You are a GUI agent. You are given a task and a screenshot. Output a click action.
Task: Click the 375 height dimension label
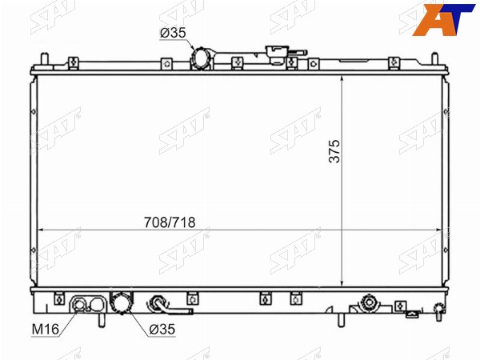point(334,151)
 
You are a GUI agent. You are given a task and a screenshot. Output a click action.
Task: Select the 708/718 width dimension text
point(170,222)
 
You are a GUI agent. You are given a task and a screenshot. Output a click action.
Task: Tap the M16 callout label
point(46,329)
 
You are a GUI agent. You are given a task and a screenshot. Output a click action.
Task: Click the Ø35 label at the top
point(173,33)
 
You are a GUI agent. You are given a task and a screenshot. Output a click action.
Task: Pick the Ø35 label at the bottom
point(162,330)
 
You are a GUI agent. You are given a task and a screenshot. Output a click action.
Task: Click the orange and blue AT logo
point(443,19)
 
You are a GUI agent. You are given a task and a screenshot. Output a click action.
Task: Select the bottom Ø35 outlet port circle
point(122,302)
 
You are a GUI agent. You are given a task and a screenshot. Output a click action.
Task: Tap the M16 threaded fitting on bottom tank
point(80,305)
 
